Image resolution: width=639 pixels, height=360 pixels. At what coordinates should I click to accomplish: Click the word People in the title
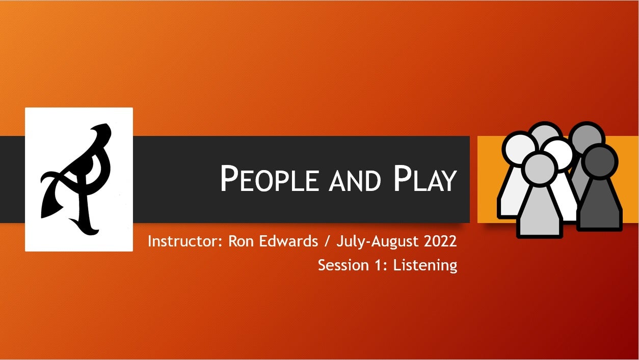click(x=269, y=179)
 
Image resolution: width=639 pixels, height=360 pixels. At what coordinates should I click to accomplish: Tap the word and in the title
click(x=355, y=181)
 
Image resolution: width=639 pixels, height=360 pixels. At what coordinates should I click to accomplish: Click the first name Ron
click(x=241, y=241)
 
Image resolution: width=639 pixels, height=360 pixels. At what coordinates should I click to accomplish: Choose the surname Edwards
click(x=288, y=241)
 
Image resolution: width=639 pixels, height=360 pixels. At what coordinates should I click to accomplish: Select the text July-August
click(x=378, y=242)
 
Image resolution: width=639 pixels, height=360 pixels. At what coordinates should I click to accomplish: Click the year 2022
click(x=440, y=241)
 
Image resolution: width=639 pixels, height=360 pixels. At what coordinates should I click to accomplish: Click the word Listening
click(x=425, y=266)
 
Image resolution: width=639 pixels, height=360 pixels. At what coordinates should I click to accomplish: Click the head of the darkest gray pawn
click(x=600, y=161)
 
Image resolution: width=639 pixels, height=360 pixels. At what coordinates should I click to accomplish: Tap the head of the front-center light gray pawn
click(x=539, y=169)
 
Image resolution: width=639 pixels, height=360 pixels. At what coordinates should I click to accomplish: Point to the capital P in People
click(x=229, y=179)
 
